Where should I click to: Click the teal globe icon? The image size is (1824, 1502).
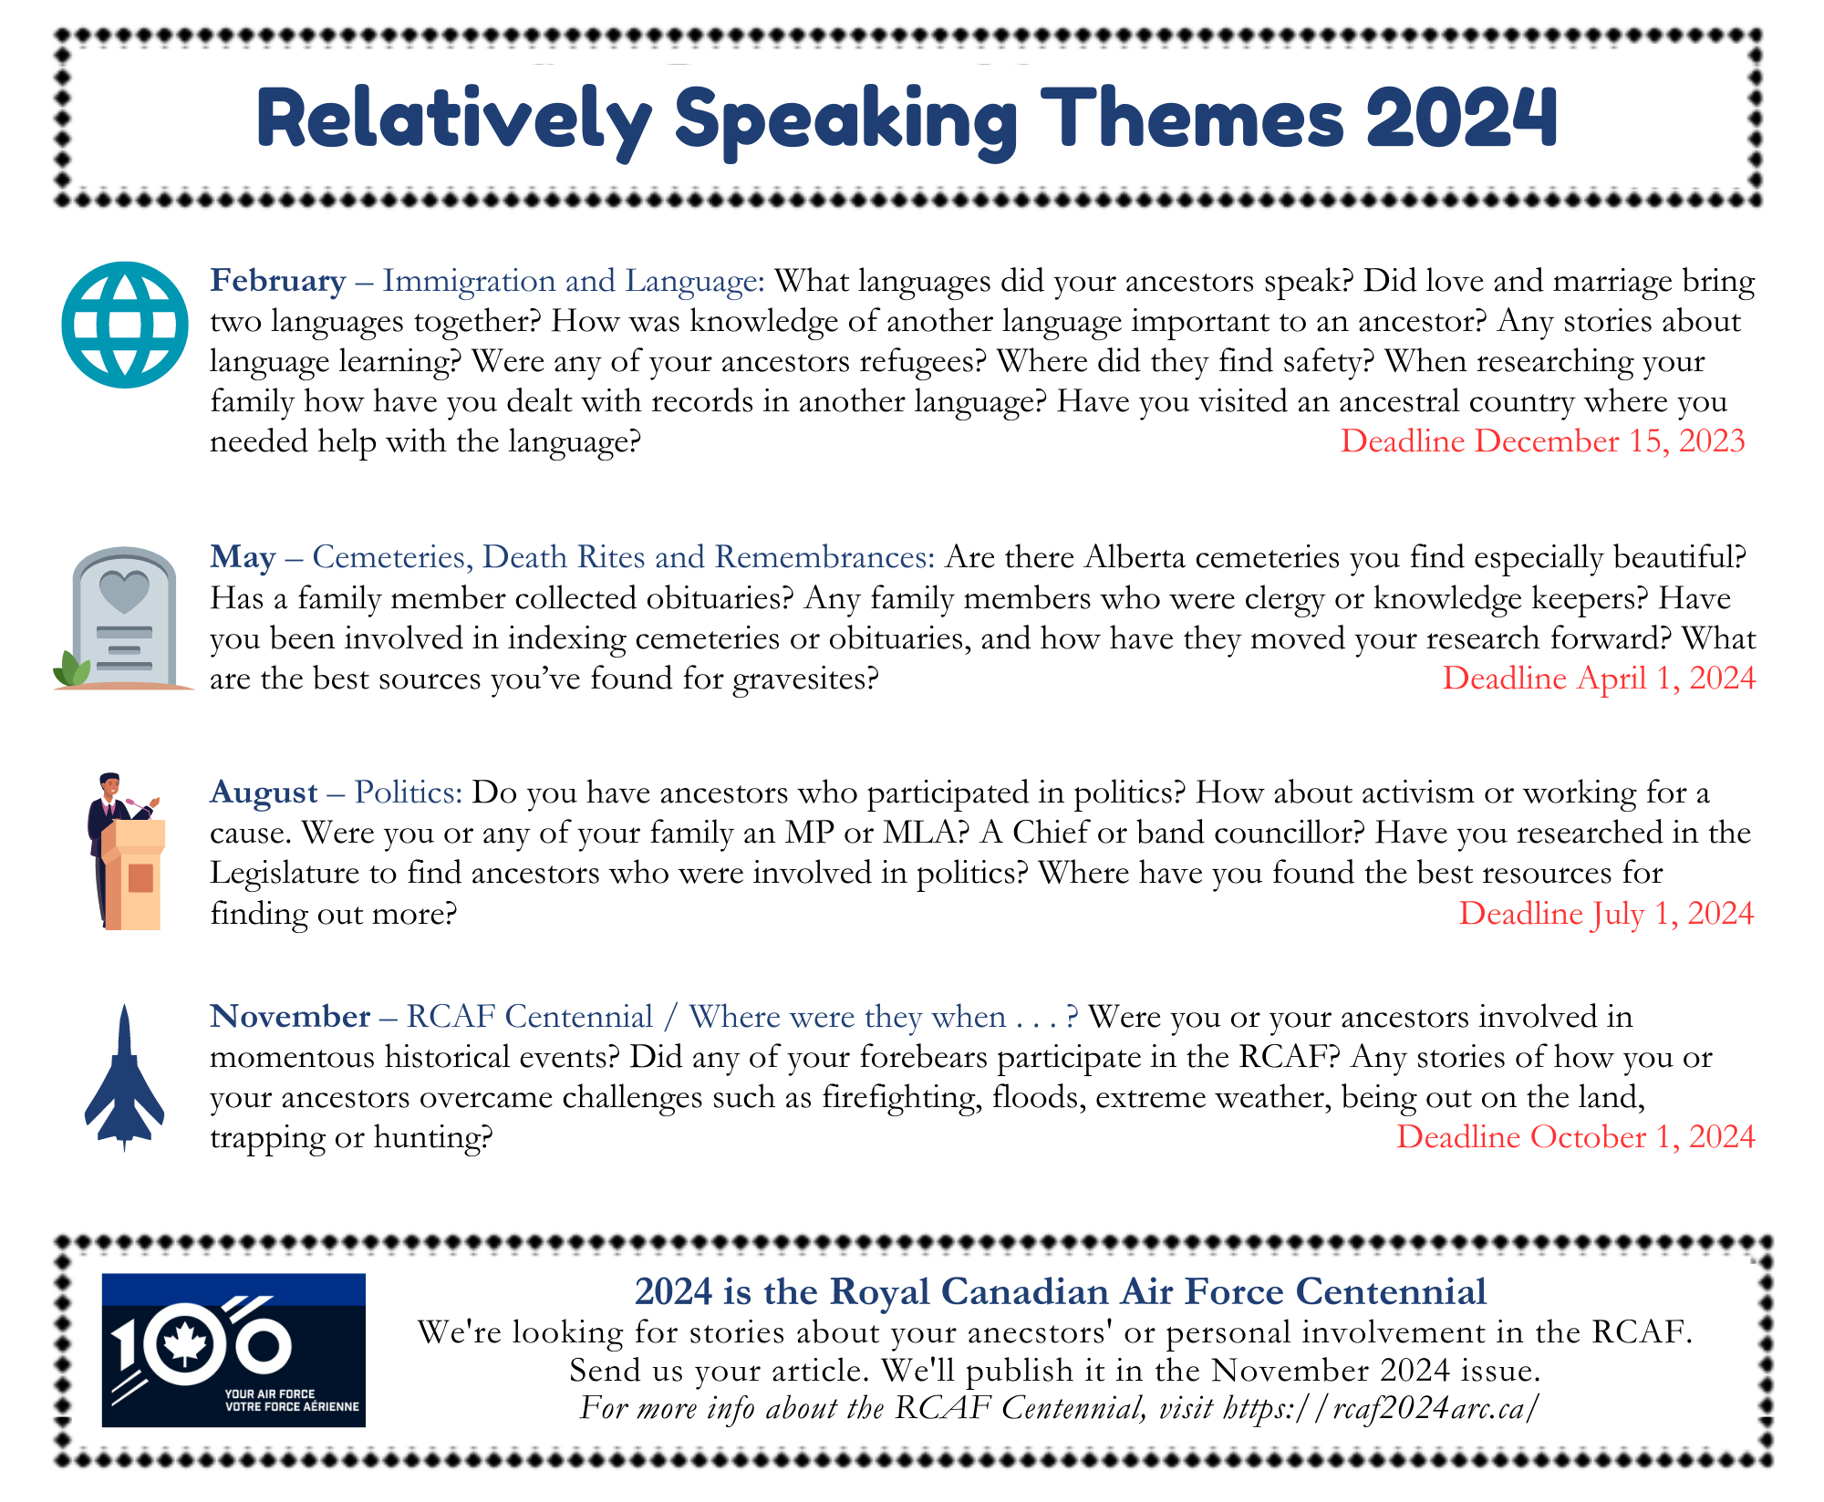125,325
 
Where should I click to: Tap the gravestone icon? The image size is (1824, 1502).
124,618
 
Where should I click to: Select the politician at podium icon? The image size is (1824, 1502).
127,851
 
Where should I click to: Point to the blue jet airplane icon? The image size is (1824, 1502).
125,1078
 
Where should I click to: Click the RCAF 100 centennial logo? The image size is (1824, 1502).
233,1350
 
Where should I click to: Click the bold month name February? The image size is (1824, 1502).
278,281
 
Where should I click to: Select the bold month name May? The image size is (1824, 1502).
243,557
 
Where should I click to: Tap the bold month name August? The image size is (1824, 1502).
264,792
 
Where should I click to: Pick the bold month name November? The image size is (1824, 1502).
290,1016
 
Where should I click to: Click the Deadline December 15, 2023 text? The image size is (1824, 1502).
1542,441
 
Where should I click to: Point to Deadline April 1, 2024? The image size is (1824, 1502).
1599,678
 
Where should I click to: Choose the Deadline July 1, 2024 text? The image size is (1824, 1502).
1606,914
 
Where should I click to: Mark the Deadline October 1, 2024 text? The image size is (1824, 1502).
1576,1137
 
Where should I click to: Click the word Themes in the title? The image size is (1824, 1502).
1192,119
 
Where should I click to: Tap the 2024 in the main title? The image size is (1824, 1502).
1462,119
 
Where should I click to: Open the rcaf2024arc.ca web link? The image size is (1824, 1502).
1382,1408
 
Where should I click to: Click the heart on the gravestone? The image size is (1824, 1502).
124,591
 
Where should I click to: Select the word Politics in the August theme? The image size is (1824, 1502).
409,792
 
